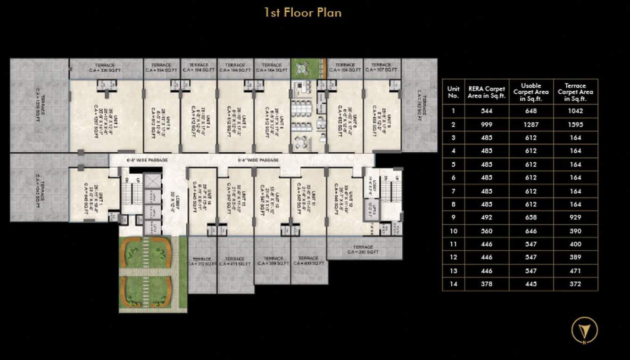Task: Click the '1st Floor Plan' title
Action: coord(302,13)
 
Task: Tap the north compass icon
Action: coord(584,329)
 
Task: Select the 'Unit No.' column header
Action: coord(453,92)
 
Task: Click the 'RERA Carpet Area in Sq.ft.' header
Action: coord(487,92)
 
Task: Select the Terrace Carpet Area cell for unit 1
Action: coord(575,111)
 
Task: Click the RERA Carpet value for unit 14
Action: coord(487,284)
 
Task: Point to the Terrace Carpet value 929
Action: coord(575,218)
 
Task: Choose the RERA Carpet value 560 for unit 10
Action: coord(487,231)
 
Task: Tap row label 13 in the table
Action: coord(453,271)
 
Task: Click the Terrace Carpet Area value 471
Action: coord(575,271)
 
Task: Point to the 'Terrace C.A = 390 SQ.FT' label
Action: coord(363,250)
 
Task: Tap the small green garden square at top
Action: coord(308,69)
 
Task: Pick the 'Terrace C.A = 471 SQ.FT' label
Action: coord(235,262)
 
